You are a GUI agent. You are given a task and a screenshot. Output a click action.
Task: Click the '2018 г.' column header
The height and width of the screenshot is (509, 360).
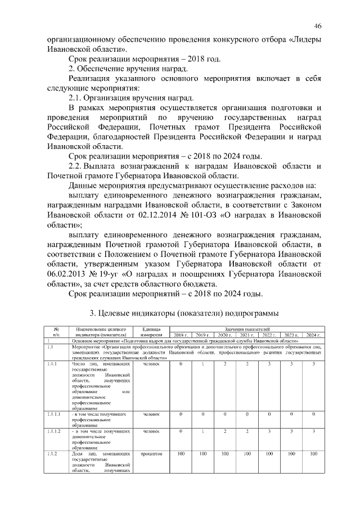(181, 335)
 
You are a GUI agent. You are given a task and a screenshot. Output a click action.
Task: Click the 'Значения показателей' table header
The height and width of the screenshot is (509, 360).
(247, 328)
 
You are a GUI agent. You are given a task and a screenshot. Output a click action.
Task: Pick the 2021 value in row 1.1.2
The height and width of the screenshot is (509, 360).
(247, 453)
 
